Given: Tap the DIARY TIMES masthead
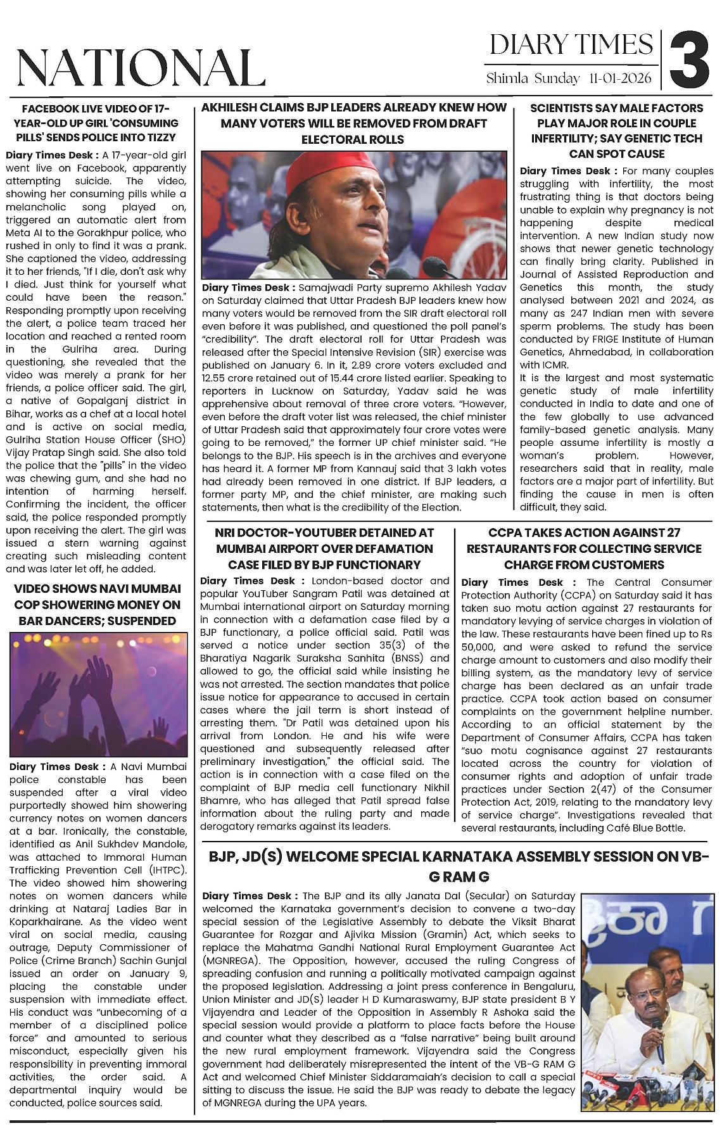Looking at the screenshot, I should pos(571,44).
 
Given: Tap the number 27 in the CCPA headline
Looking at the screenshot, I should pos(671,533).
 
